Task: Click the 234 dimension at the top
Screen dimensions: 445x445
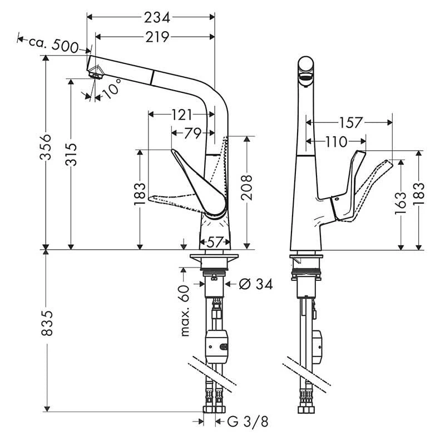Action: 157,18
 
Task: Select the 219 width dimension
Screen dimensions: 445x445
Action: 157,37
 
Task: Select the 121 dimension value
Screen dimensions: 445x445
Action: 181,115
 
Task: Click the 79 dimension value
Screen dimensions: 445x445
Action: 192,133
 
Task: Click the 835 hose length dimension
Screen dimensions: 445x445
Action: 49,330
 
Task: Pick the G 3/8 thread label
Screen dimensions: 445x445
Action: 248,422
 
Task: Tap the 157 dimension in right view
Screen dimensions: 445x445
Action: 351,122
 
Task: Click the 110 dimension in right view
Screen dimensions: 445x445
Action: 337,142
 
